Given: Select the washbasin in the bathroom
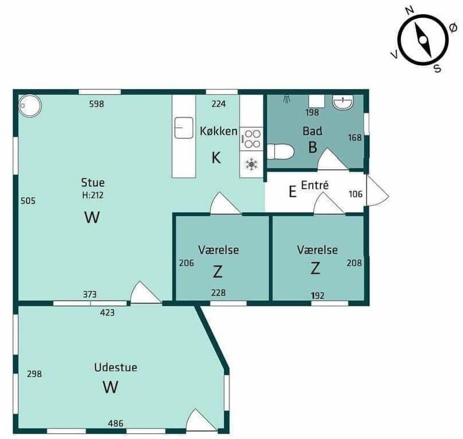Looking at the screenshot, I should [343, 102].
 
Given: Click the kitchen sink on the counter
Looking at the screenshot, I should [184, 128].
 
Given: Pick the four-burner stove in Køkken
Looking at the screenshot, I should [251, 138].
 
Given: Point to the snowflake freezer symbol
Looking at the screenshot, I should [251, 164].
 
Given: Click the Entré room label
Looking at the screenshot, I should [314, 185].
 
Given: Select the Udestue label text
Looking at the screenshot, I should [115, 367].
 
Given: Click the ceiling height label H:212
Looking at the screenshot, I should [93, 195].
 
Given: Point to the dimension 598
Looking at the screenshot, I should [96, 103].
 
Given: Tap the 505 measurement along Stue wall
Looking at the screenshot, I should [28, 201].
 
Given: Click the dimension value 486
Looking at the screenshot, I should [115, 424].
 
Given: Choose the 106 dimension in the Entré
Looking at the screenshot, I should [356, 194].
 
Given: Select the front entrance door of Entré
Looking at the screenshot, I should [377, 190].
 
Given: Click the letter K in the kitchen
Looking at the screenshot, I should [217, 157].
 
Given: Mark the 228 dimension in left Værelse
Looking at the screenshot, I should [218, 292].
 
